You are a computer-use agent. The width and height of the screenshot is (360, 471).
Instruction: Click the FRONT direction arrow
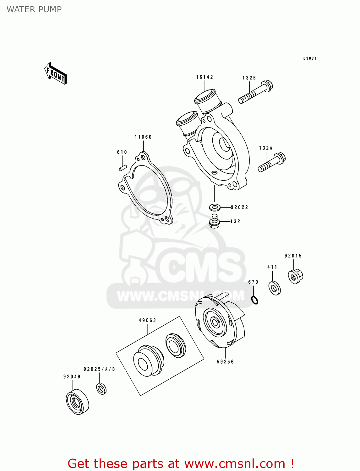(x=56, y=73)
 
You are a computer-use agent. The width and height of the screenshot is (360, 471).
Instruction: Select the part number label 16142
(x=205, y=77)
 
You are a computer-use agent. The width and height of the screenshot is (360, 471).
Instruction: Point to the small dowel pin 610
(x=122, y=168)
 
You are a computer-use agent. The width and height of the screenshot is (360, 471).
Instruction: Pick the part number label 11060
(x=143, y=137)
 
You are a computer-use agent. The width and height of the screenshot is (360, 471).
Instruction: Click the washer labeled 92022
(x=215, y=207)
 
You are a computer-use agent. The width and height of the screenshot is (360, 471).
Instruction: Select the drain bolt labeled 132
(x=215, y=221)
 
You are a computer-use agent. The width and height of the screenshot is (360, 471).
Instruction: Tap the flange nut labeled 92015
(x=295, y=276)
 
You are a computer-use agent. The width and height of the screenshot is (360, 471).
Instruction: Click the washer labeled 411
(x=275, y=288)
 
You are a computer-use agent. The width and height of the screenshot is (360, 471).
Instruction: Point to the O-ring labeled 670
(x=255, y=300)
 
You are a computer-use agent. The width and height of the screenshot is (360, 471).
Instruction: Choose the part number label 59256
(x=225, y=362)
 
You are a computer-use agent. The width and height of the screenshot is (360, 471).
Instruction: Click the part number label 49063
(x=147, y=320)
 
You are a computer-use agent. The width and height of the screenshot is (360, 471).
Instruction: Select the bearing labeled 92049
(x=77, y=402)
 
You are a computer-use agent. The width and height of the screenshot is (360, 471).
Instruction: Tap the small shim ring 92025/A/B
(x=101, y=389)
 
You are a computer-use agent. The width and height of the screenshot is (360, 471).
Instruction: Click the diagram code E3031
(x=310, y=58)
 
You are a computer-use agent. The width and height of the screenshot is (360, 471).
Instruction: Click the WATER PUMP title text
(x=34, y=9)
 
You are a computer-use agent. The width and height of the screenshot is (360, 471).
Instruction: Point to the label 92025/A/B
(x=99, y=369)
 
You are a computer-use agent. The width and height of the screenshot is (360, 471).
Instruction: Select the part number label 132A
(x=266, y=148)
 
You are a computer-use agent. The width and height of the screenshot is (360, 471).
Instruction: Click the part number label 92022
(x=239, y=207)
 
